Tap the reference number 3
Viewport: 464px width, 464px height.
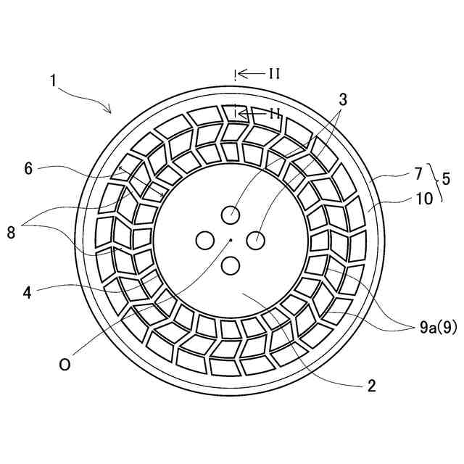pyautogui.click(x=343, y=100)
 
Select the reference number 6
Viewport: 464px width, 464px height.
pyautogui.click(x=28, y=169)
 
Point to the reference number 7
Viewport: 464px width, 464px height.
pyautogui.click(x=418, y=174)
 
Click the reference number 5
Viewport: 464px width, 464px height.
pyautogui.click(x=445, y=177)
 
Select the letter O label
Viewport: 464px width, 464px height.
pyautogui.click(x=65, y=365)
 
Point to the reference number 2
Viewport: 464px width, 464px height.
pyautogui.click(x=371, y=386)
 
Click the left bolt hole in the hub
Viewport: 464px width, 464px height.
pyautogui.click(x=204, y=239)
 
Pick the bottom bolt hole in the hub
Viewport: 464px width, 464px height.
pyautogui.click(x=231, y=266)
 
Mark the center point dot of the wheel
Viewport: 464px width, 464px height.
pyautogui.click(x=231, y=239)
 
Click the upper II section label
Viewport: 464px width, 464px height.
pyautogui.click(x=274, y=73)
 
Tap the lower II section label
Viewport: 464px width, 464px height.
pyautogui.click(x=274, y=113)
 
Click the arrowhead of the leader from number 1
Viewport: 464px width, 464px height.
pyautogui.click(x=110, y=112)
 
